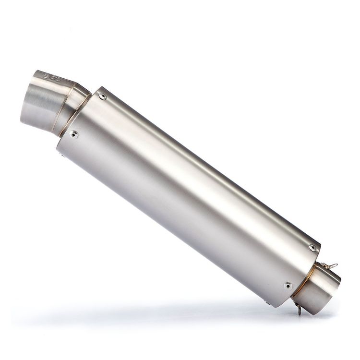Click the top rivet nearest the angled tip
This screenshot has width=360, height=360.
tap(102, 96)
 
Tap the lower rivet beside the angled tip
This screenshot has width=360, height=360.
tap(73, 135)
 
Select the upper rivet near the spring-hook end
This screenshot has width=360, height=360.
tap(312, 248)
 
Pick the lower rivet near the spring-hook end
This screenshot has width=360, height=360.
tap(288, 286)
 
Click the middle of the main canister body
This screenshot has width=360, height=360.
tap(187, 192)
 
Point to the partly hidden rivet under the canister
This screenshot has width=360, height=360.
tap(267, 302)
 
